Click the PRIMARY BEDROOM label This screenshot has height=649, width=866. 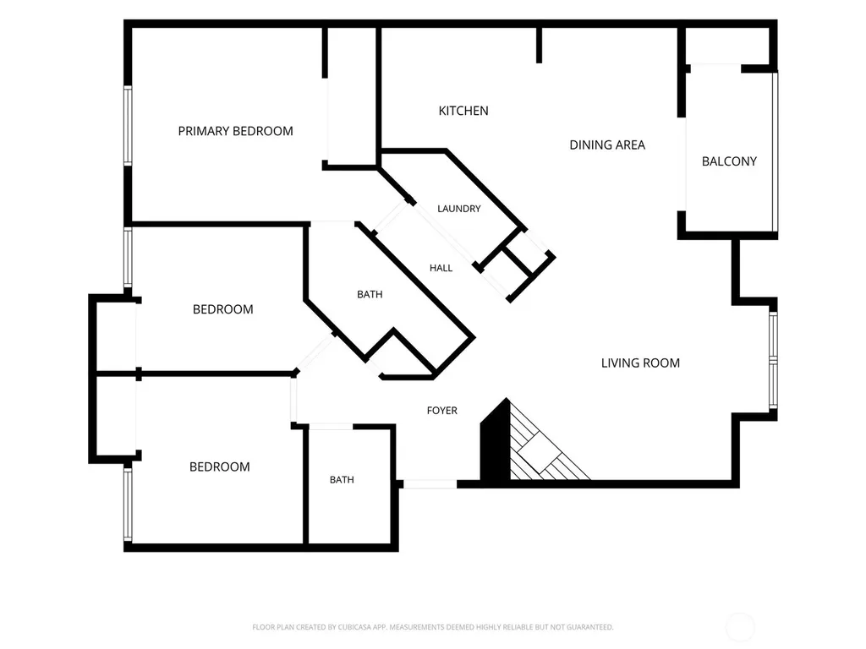coord(235,131)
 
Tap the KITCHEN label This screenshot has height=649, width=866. coord(463,111)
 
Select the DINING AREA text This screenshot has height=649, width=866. coord(607,145)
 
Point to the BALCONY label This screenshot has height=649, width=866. coord(729,161)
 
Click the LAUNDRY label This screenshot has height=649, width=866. coord(459,209)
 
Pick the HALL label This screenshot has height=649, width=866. coord(441,268)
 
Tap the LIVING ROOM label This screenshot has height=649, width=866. coord(640,363)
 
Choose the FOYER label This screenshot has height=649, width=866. coord(441,411)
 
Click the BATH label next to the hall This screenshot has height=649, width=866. coord(370,295)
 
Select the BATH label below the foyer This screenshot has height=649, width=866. coord(342,480)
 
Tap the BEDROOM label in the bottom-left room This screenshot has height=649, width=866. coord(219,466)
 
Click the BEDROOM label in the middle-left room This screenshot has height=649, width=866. coord(222,309)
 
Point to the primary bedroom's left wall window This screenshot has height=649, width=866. coord(128,126)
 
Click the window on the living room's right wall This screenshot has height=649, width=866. coord(773,361)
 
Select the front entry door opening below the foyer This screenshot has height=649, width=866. coord(430,484)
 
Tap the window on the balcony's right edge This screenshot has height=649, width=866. coord(775,152)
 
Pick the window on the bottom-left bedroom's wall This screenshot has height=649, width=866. coord(128,504)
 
